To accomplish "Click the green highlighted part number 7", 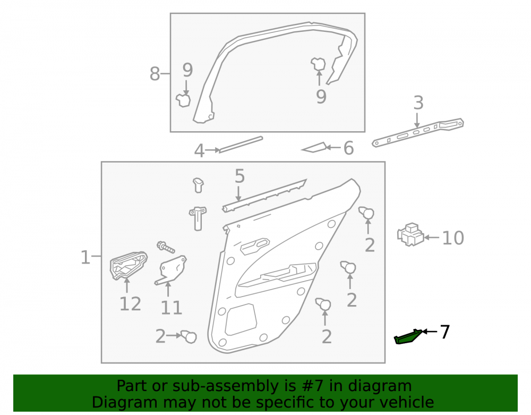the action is [x=408, y=337].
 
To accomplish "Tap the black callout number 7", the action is [x=444, y=332].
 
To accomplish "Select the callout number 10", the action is [x=453, y=238].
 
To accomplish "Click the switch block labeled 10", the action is [x=410, y=234].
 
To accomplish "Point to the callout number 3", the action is [x=418, y=103].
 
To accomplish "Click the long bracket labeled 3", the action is [x=418, y=132].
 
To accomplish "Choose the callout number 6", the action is [x=348, y=148].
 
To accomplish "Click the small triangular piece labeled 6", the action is [x=314, y=147].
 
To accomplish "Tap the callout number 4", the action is [x=199, y=151].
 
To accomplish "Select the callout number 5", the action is [x=239, y=176].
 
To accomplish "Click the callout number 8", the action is [x=155, y=74].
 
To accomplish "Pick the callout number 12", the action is [x=130, y=304].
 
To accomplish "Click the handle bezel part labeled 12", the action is [x=128, y=265].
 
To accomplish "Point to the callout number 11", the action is [x=172, y=308].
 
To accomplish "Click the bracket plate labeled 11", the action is [x=171, y=270].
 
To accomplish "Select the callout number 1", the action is [x=85, y=258].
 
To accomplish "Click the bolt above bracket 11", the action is [x=166, y=247].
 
